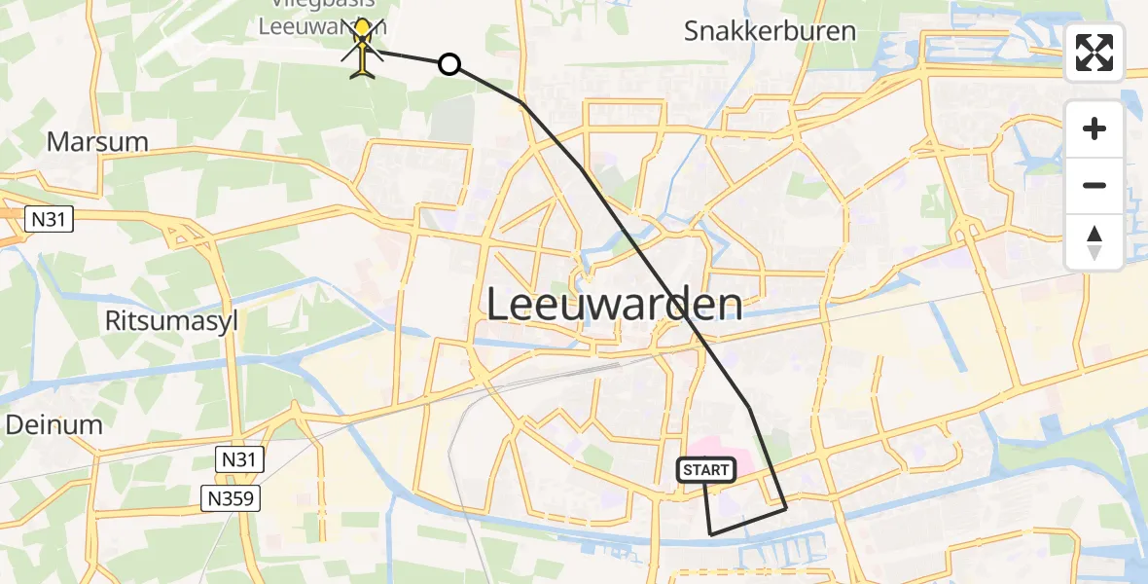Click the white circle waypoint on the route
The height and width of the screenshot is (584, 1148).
pyautogui.click(x=448, y=64)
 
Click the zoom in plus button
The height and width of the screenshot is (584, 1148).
pyautogui.click(x=1094, y=128)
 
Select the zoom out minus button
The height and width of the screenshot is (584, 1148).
pyautogui.click(x=1094, y=185)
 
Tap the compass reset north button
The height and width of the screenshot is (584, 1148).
pyautogui.click(x=1094, y=241)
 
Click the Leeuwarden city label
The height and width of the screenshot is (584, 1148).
pyautogui.click(x=613, y=305)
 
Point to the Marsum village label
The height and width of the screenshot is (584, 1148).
pyautogui.click(x=97, y=142)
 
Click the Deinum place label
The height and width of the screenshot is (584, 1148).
pyautogui.click(x=54, y=424)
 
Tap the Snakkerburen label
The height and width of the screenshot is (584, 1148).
pyautogui.click(x=770, y=30)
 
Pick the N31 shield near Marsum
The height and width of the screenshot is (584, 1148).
pyautogui.click(x=48, y=220)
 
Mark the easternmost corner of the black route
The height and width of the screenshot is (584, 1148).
pyautogui.click(x=785, y=507)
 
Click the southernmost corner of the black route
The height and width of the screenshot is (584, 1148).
pyautogui.click(x=711, y=534)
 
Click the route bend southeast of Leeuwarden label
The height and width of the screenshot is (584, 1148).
pyautogui.click(x=748, y=406)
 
